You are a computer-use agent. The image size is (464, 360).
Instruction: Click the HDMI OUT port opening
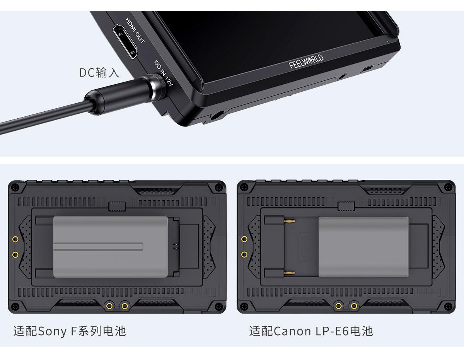click(x=125, y=42)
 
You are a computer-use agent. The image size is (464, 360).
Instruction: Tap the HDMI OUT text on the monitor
click(x=135, y=31)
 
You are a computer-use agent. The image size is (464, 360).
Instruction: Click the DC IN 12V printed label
click(x=164, y=73)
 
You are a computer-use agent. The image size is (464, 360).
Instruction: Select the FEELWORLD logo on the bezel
click(x=306, y=62)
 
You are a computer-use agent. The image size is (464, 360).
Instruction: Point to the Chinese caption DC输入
click(x=99, y=73)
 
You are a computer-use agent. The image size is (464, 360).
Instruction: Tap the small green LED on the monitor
click(x=387, y=41)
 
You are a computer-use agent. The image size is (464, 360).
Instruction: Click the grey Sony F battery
click(x=110, y=247)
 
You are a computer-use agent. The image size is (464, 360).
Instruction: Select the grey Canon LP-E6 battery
click(x=363, y=247)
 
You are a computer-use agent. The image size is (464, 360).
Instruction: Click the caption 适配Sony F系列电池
click(x=70, y=331)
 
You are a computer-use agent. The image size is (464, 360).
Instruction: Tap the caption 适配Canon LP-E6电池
click(x=311, y=331)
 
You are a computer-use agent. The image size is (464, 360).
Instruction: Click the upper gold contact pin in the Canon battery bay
click(x=290, y=221)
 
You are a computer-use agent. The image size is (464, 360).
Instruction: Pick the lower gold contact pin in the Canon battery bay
click(x=290, y=273)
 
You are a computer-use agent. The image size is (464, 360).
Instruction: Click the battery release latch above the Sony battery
click(x=117, y=206)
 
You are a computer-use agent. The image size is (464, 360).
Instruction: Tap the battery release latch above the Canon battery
click(x=346, y=206)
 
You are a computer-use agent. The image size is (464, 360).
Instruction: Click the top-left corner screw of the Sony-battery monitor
click(x=15, y=188)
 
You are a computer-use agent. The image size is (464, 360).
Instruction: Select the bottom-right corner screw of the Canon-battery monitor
click(x=448, y=306)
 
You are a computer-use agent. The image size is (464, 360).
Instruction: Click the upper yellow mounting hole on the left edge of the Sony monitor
click(x=15, y=239)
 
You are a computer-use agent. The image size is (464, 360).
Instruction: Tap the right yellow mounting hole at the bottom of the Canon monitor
click(x=354, y=306)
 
